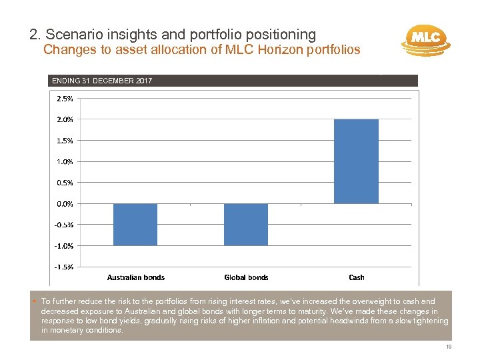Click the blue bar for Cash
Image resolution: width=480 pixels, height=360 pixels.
coord(356,161)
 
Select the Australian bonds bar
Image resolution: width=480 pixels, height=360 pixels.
coord(135,224)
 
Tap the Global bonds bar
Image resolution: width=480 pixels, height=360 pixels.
coord(246,224)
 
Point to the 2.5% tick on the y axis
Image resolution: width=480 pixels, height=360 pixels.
coord(65,99)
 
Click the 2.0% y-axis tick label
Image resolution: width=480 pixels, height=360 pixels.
coord(65,119)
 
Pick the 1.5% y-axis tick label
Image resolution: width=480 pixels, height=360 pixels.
coord(65,141)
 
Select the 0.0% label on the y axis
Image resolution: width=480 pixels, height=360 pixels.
coord(65,203)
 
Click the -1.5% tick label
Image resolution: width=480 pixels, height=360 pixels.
coord(64,267)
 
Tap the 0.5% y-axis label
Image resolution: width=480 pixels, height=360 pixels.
coord(65,182)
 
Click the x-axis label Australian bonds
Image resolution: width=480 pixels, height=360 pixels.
coord(136,277)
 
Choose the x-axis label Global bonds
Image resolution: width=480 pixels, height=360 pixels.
coord(246,277)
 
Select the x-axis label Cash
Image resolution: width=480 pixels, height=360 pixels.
coord(357,277)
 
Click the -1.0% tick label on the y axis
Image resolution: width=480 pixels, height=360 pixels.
coord(64,245)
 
